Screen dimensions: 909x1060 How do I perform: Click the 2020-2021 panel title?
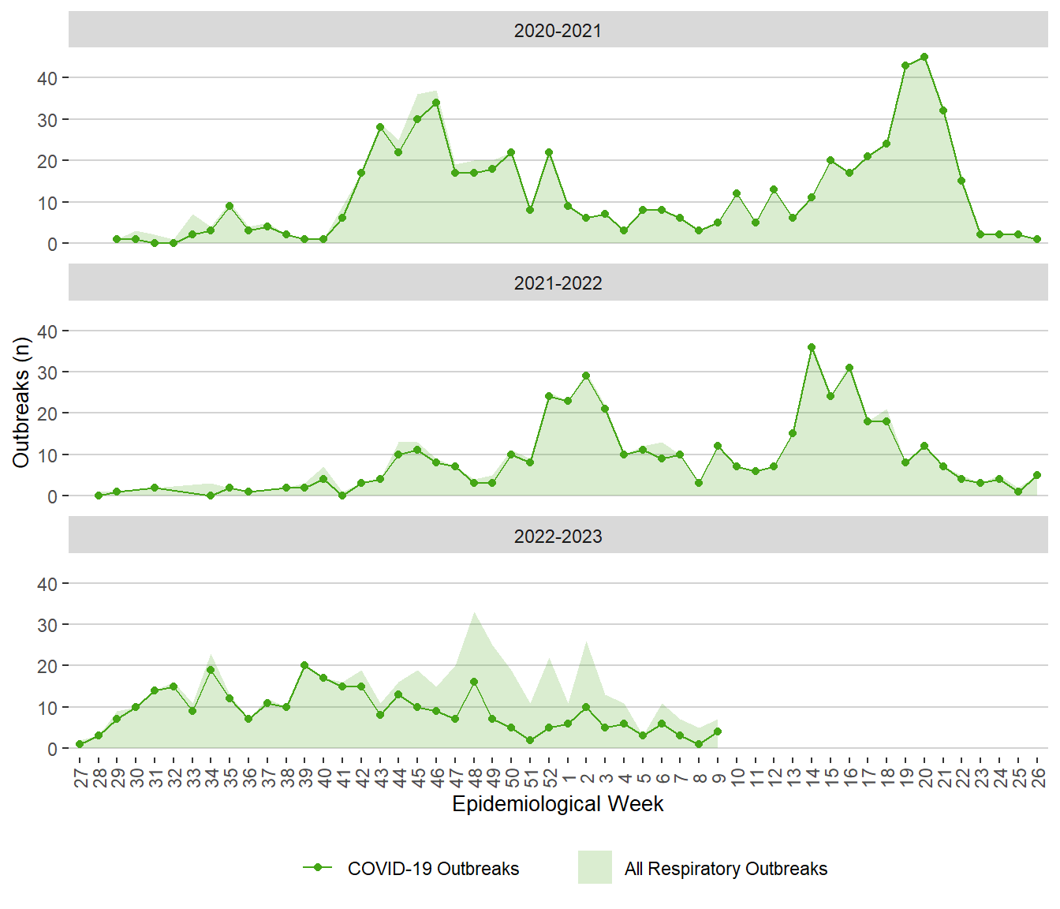click(558, 31)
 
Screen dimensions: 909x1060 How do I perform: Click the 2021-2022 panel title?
click(558, 283)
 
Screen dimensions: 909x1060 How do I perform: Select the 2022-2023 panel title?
click(558, 537)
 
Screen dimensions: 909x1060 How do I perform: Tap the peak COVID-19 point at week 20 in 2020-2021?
click(924, 57)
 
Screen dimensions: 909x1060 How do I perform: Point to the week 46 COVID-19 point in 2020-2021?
click(436, 103)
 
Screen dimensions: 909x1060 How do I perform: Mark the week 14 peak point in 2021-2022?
click(812, 347)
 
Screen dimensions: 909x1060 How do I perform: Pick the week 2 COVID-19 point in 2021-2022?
click(586, 376)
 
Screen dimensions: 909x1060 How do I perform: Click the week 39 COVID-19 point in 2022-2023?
click(304, 665)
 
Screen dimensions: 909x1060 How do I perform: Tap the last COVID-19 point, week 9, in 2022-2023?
click(718, 731)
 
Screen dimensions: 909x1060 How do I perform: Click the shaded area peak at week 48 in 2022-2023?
click(474, 613)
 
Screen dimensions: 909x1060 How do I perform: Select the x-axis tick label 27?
click(80, 777)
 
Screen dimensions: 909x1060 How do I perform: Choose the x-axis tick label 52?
click(550, 777)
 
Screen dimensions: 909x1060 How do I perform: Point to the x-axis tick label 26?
click(1038, 777)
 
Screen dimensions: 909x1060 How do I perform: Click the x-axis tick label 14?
click(812, 777)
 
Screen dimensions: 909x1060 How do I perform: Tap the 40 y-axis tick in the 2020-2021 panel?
click(47, 78)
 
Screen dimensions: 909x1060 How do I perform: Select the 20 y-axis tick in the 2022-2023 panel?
click(47, 666)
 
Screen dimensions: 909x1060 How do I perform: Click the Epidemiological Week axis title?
click(558, 804)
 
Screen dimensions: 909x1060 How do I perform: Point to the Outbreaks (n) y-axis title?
click(21, 402)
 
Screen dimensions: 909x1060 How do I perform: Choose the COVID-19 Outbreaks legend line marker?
click(318, 867)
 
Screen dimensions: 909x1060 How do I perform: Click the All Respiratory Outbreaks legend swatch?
click(595, 867)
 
